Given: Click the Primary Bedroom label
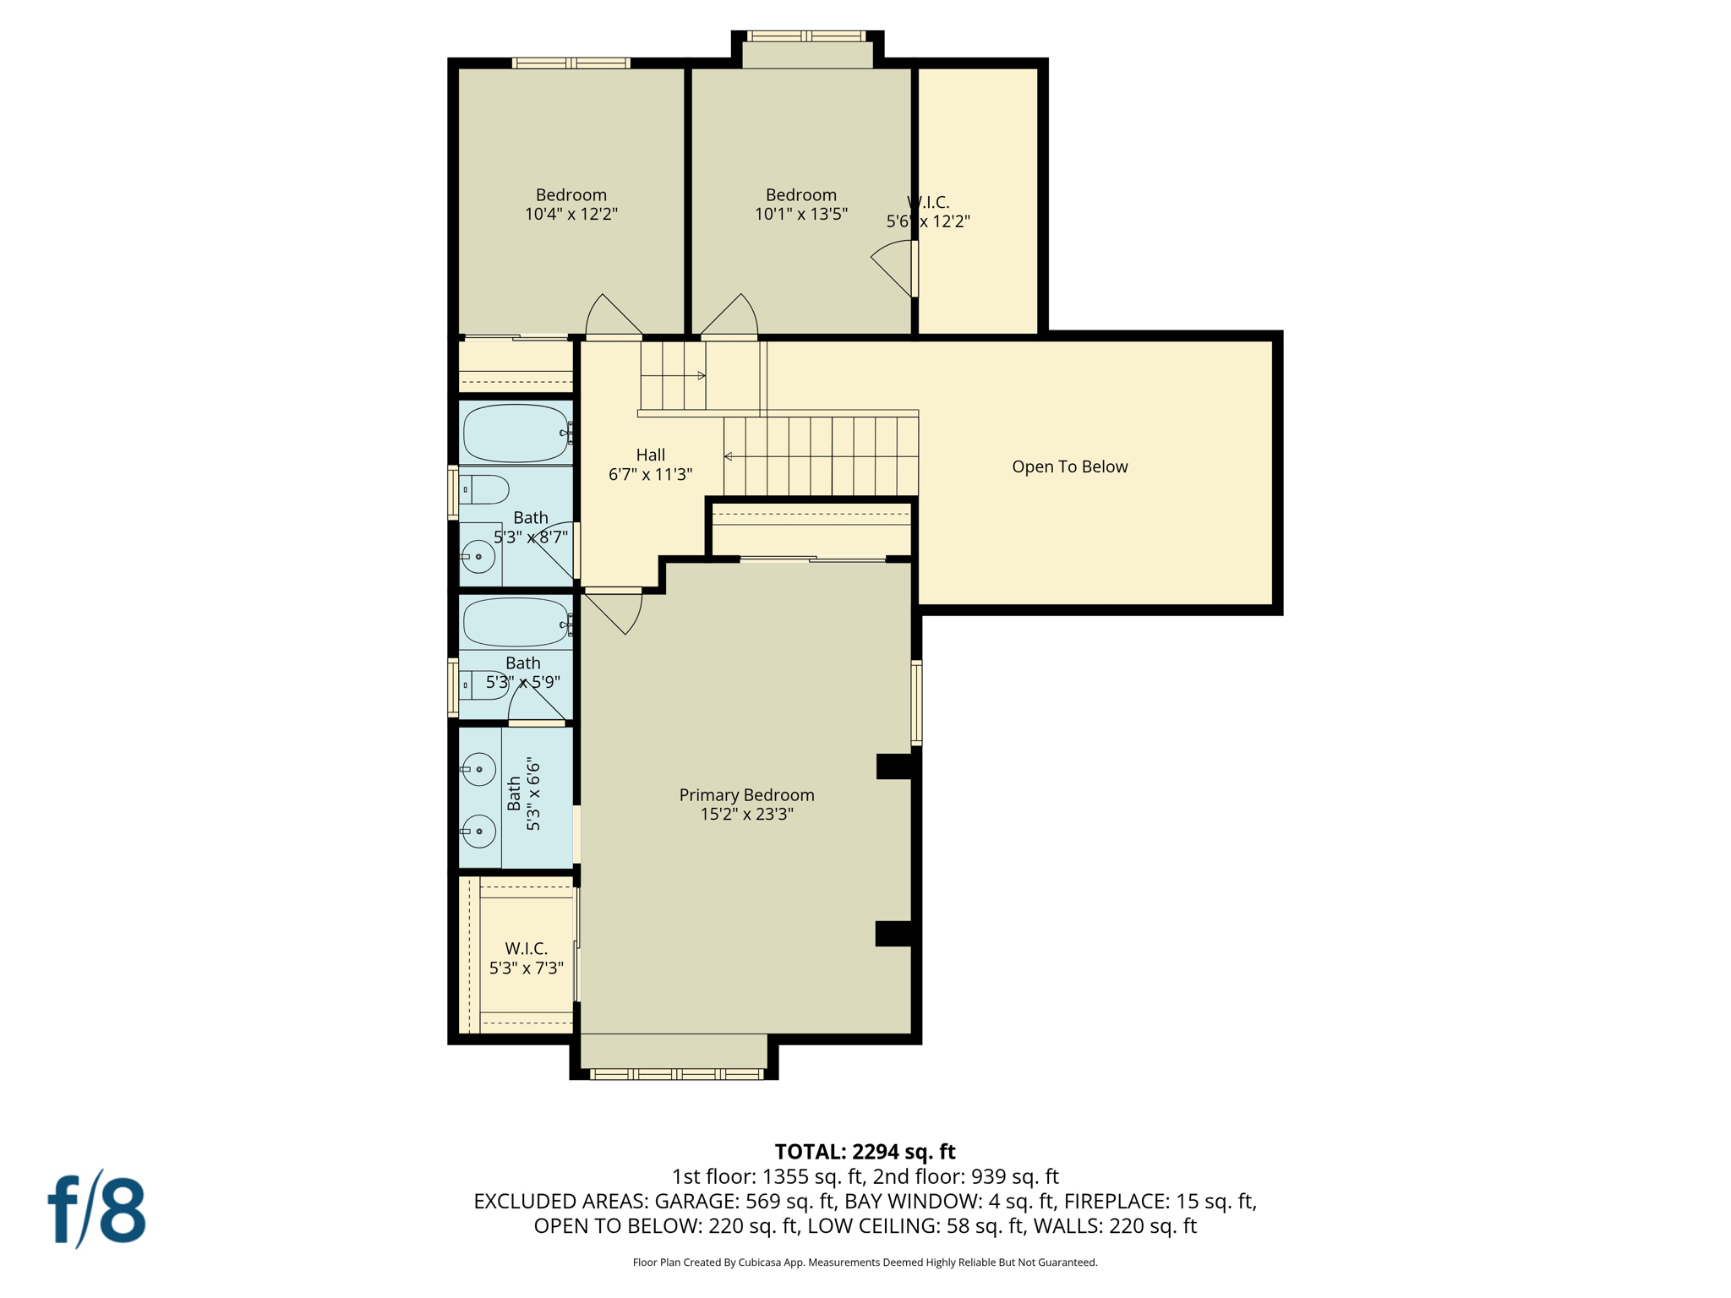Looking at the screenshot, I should click(x=746, y=795).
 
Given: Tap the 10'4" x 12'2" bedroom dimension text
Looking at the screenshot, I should click(x=571, y=215).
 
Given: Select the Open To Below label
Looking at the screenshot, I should click(x=1069, y=466).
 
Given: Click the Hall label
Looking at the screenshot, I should click(x=650, y=455).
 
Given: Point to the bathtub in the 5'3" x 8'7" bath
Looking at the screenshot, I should click(x=516, y=433).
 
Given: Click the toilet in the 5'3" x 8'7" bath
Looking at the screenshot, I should click(x=484, y=489).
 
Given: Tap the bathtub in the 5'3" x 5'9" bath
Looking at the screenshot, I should click(x=516, y=623).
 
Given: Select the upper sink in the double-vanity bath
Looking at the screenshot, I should click(x=479, y=770).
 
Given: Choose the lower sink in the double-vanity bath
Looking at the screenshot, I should click(x=479, y=832).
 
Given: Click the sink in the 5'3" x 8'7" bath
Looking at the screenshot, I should click(x=478, y=557).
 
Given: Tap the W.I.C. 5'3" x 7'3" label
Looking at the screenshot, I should click(x=527, y=958).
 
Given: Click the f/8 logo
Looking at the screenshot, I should click(x=96, y=1209).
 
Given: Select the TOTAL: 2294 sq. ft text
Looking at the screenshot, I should click(x=865, y=1152).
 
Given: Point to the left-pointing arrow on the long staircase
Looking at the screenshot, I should click(x=729, y=456).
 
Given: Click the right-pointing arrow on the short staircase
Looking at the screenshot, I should click(x=701, y=375).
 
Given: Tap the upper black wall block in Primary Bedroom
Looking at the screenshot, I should click(x=893, y=766).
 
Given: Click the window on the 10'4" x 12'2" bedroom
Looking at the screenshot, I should click(x=571, y=63).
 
